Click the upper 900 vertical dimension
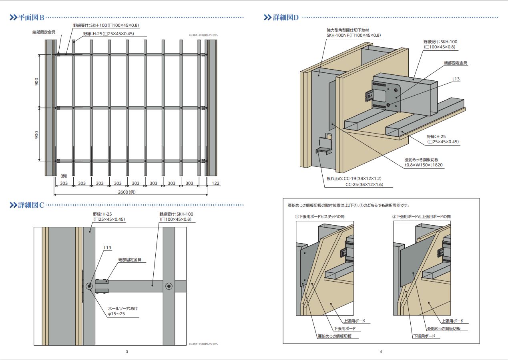click(36, 81)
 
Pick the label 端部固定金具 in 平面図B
click(44, 32)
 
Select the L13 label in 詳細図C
click(108, 248)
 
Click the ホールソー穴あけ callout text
click(123, 308)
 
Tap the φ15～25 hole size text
click(117, 314)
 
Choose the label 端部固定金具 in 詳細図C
click(130, 260)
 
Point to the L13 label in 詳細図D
click(456, 79)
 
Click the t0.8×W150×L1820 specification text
click(424, 165)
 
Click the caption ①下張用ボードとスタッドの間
click(319, 216)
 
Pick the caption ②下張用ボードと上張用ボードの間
click(422, 216)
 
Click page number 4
click(381, 352)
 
